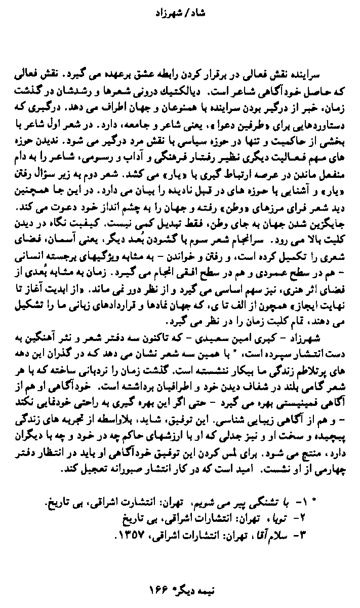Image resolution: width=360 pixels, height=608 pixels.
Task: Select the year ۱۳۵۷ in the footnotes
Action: tap(127, 533)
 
